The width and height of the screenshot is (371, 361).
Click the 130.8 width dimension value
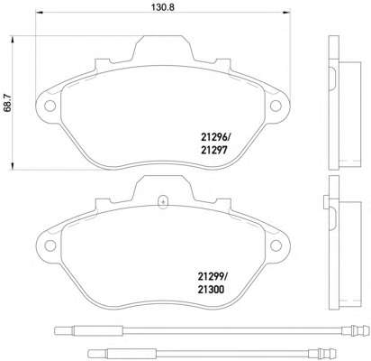pyautogui.click(x=163, y=8)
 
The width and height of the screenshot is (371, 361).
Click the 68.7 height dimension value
pyautogui.click(x=7, y=103)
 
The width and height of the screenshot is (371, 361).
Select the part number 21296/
pyautogui.click(x=216, y=138)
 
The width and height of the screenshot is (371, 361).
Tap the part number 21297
pyautogui.click(x=213, y=150)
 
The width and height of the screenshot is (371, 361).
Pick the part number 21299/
pyautogui.click(x=213, y=276)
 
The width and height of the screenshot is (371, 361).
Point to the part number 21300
pyautogui.click(x=211, y=290)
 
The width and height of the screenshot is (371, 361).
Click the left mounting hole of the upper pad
pyautogui.click(x=50, y=106)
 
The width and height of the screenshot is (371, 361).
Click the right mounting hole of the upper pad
pyautogui.click(x=276, y=106)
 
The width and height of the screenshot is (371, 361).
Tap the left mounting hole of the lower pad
pyautogui.click(x=50, y=245)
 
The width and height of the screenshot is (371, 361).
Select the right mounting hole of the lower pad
pyautogui.click(x=276, y=245)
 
